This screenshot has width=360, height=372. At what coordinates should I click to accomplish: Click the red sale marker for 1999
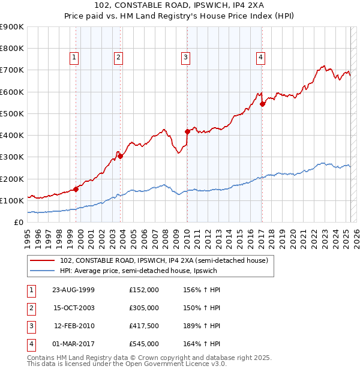click(x=76, y=190)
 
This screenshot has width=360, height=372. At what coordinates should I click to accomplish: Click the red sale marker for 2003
click(x=120, y=156)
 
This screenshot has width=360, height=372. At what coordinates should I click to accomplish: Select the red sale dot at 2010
click(x=187, y=131)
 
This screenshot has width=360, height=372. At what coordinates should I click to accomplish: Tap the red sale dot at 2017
click(x=262, y=104)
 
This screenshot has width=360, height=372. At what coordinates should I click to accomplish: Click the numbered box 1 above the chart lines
click(x=74, y=58)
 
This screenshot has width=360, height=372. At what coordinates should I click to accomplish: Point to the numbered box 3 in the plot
click(x=186, y=58)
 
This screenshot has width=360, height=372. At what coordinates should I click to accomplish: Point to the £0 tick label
click(x=18, y=222)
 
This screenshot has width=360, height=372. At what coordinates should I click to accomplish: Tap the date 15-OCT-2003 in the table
click(x=73, y=308)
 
